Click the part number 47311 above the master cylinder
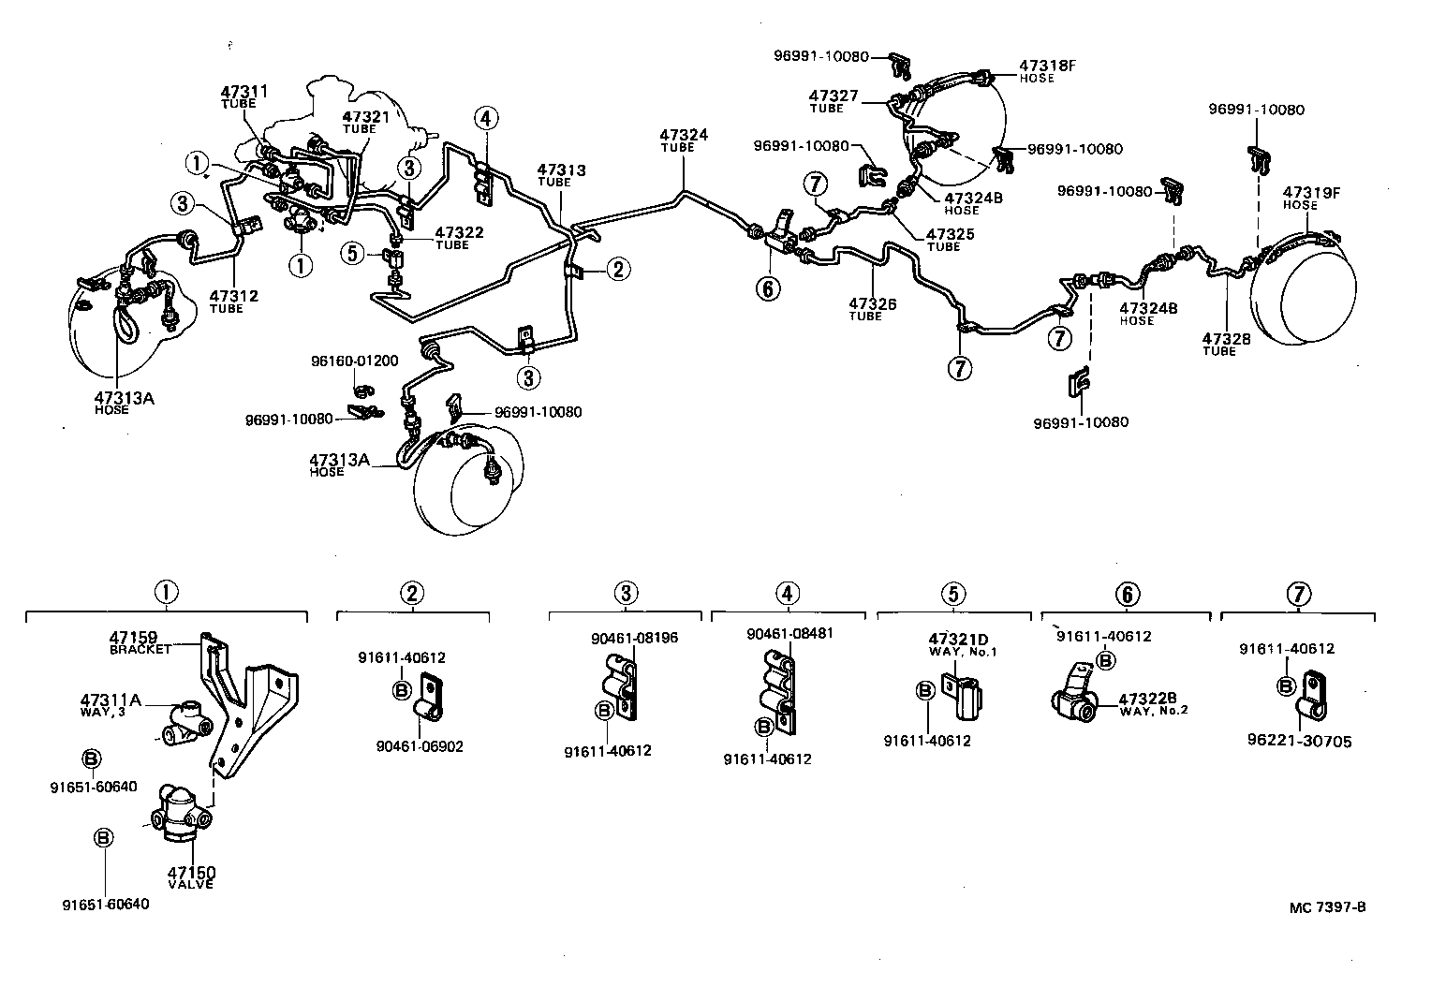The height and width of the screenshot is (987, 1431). (244, 92)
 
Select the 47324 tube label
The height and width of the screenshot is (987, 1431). (683, 136)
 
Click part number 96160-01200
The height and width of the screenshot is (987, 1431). (355, 361)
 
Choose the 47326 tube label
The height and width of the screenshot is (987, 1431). (873, 303)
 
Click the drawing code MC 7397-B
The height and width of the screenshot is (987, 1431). (1327, 906)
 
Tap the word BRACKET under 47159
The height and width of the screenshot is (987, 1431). (140, 650)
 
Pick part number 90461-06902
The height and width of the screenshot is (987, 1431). (420, 746)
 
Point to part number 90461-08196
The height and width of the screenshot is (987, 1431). (634, 638)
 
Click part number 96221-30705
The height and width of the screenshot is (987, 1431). (1299, 742)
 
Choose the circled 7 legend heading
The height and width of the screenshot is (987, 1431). (1298, 594)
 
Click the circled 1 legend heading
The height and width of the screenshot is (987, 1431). (166, 593)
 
